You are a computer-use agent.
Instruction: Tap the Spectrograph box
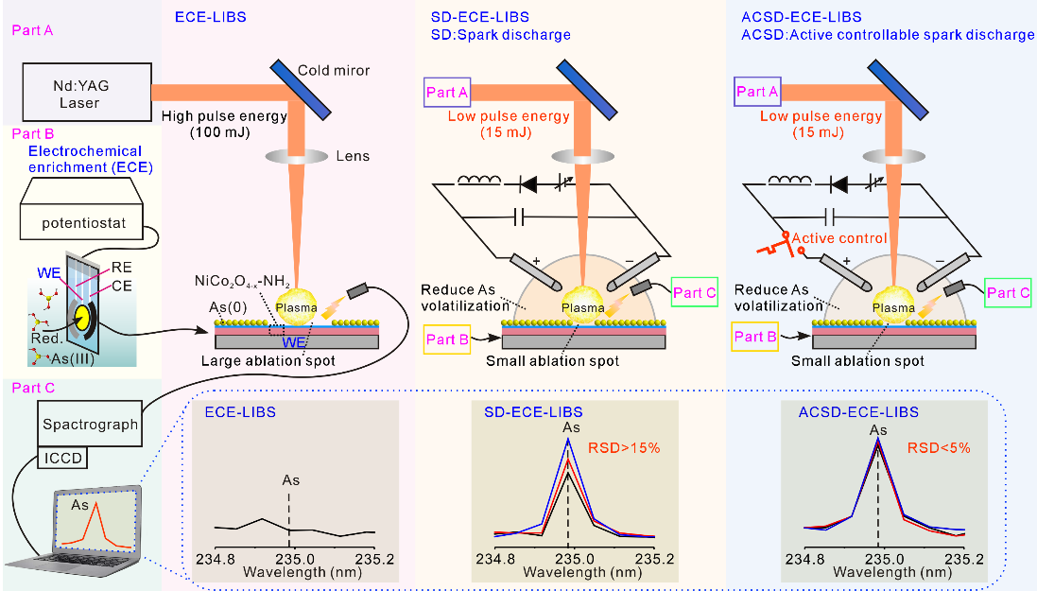coord(91,425)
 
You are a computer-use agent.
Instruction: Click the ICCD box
coord(61,460)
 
